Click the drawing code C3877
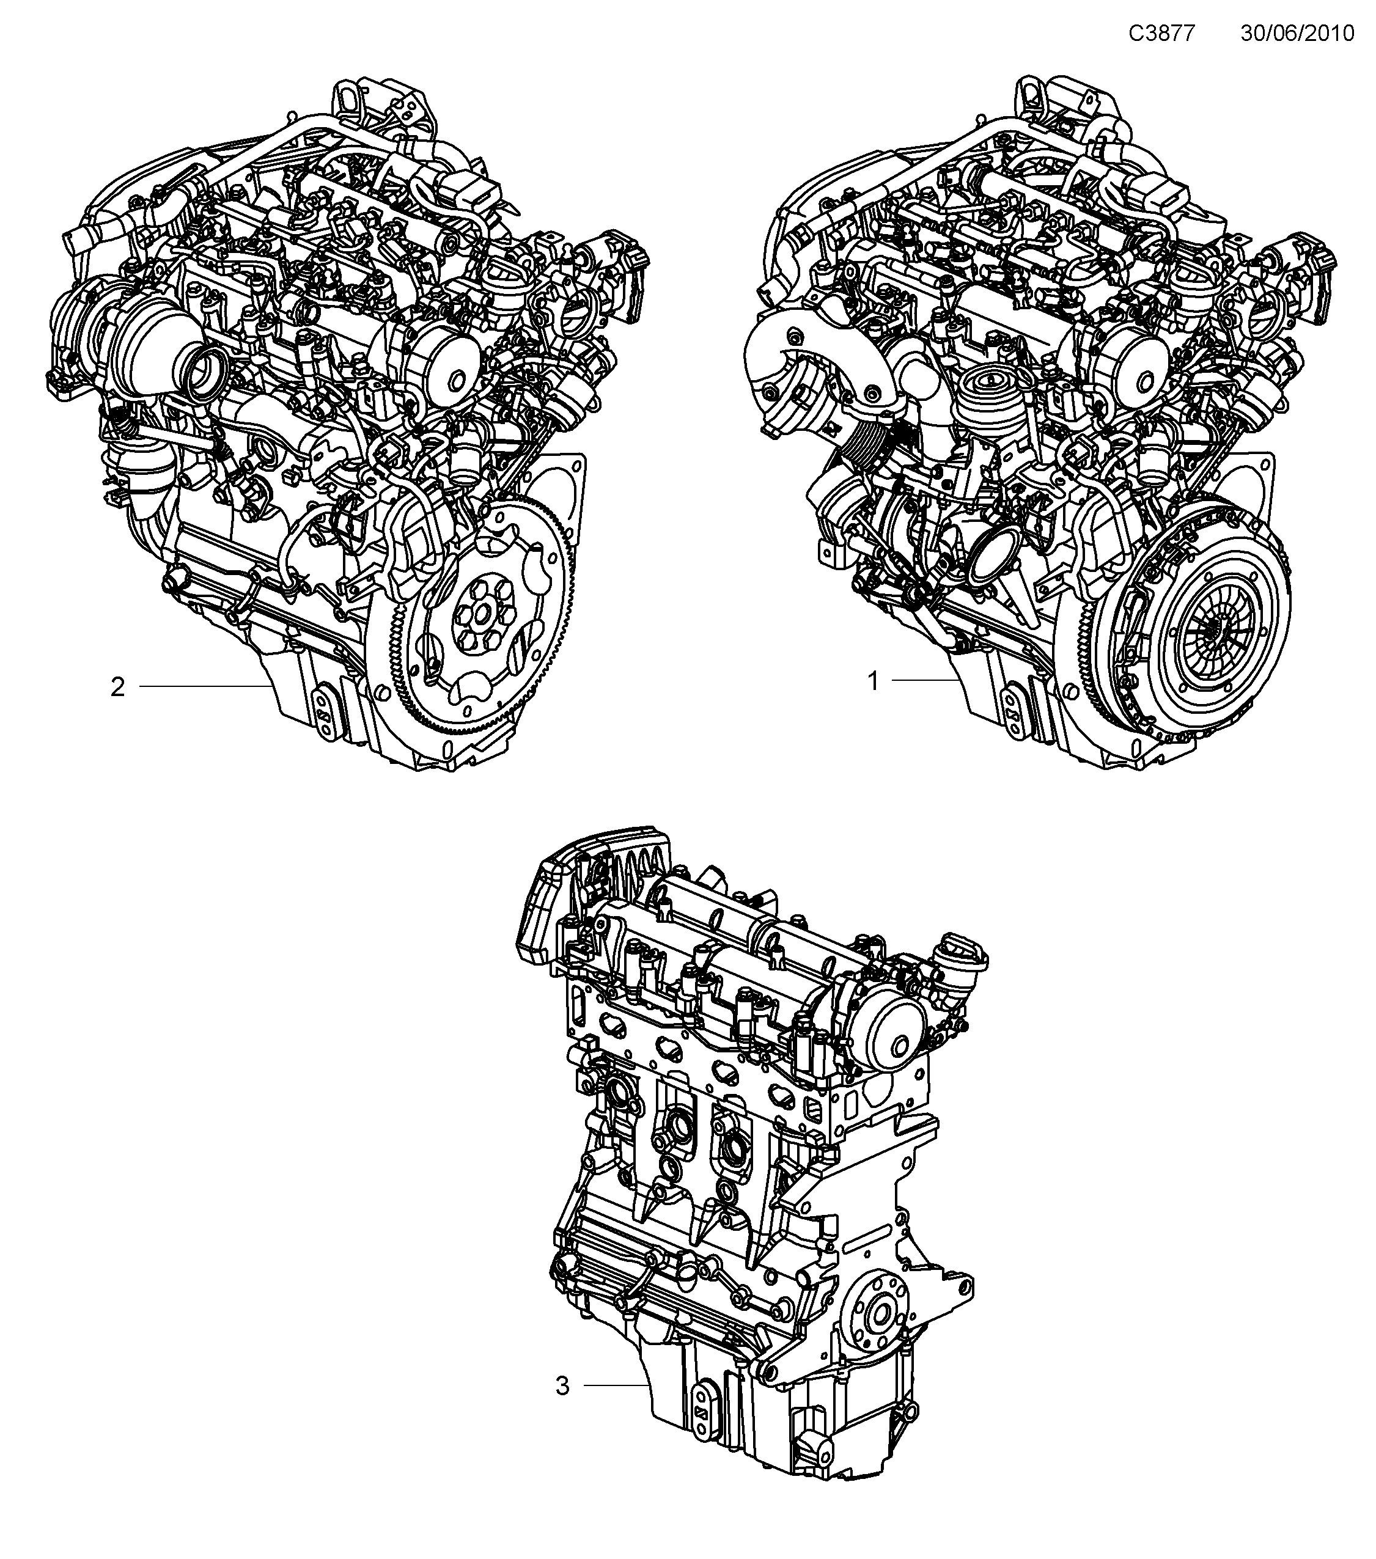pyautogui.click(x=1161, y=34)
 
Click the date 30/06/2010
pyautogui.click(x=1297, y=34)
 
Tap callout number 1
pyautogui.click(x=874, y=680)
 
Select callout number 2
pyautogui.click(x=117, y=687)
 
